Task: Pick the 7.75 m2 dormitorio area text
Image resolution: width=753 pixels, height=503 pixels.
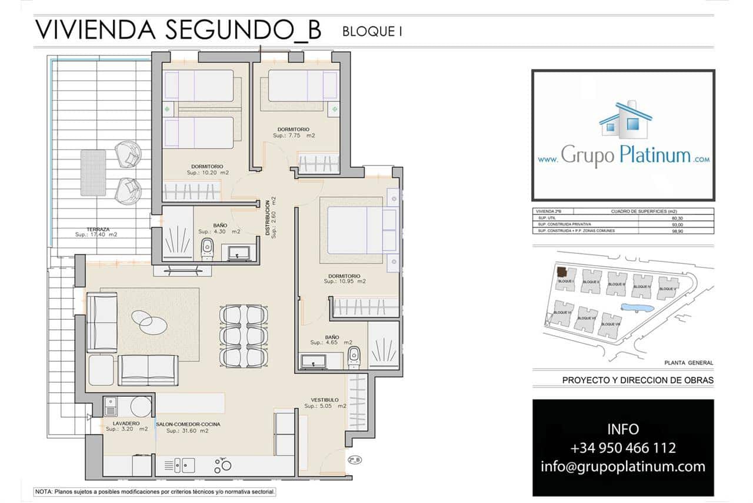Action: point(294,135)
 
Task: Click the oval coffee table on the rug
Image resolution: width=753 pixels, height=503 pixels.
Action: point(149,321)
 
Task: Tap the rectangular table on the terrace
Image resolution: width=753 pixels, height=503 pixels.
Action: point(93,172)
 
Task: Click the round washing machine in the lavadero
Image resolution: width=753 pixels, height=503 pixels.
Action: point(141,406)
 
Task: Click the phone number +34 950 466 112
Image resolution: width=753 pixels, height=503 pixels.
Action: point(623,448)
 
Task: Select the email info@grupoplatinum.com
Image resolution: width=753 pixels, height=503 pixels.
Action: point(623,466)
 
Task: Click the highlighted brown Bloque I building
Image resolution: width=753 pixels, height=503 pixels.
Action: point(562,272)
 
